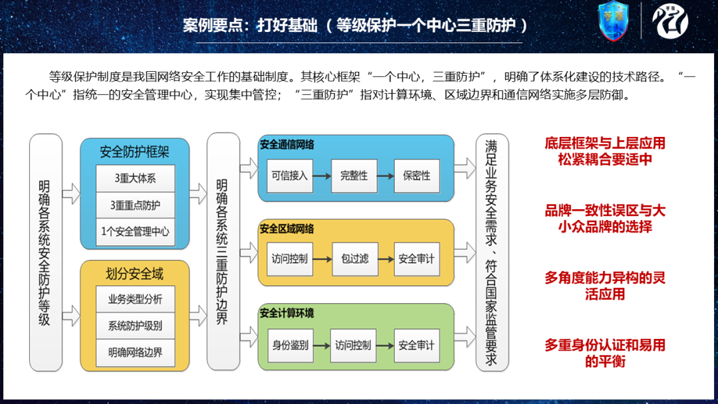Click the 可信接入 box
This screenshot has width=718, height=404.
290,176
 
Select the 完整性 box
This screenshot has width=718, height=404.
354,176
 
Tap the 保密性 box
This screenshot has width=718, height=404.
416,176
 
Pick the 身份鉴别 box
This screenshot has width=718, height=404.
290,346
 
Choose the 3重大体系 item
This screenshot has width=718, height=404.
135,178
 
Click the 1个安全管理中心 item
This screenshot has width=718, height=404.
135,231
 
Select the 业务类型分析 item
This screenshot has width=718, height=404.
135,299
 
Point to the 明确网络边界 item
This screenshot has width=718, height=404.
135,352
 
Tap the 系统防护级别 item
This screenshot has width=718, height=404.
135,326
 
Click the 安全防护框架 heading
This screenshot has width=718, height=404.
135,151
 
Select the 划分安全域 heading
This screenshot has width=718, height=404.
135,273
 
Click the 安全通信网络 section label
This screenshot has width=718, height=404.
287,144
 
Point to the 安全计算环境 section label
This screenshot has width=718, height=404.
287,313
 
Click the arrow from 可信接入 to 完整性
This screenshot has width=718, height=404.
322,176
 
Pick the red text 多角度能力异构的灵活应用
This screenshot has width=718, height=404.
605,286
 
